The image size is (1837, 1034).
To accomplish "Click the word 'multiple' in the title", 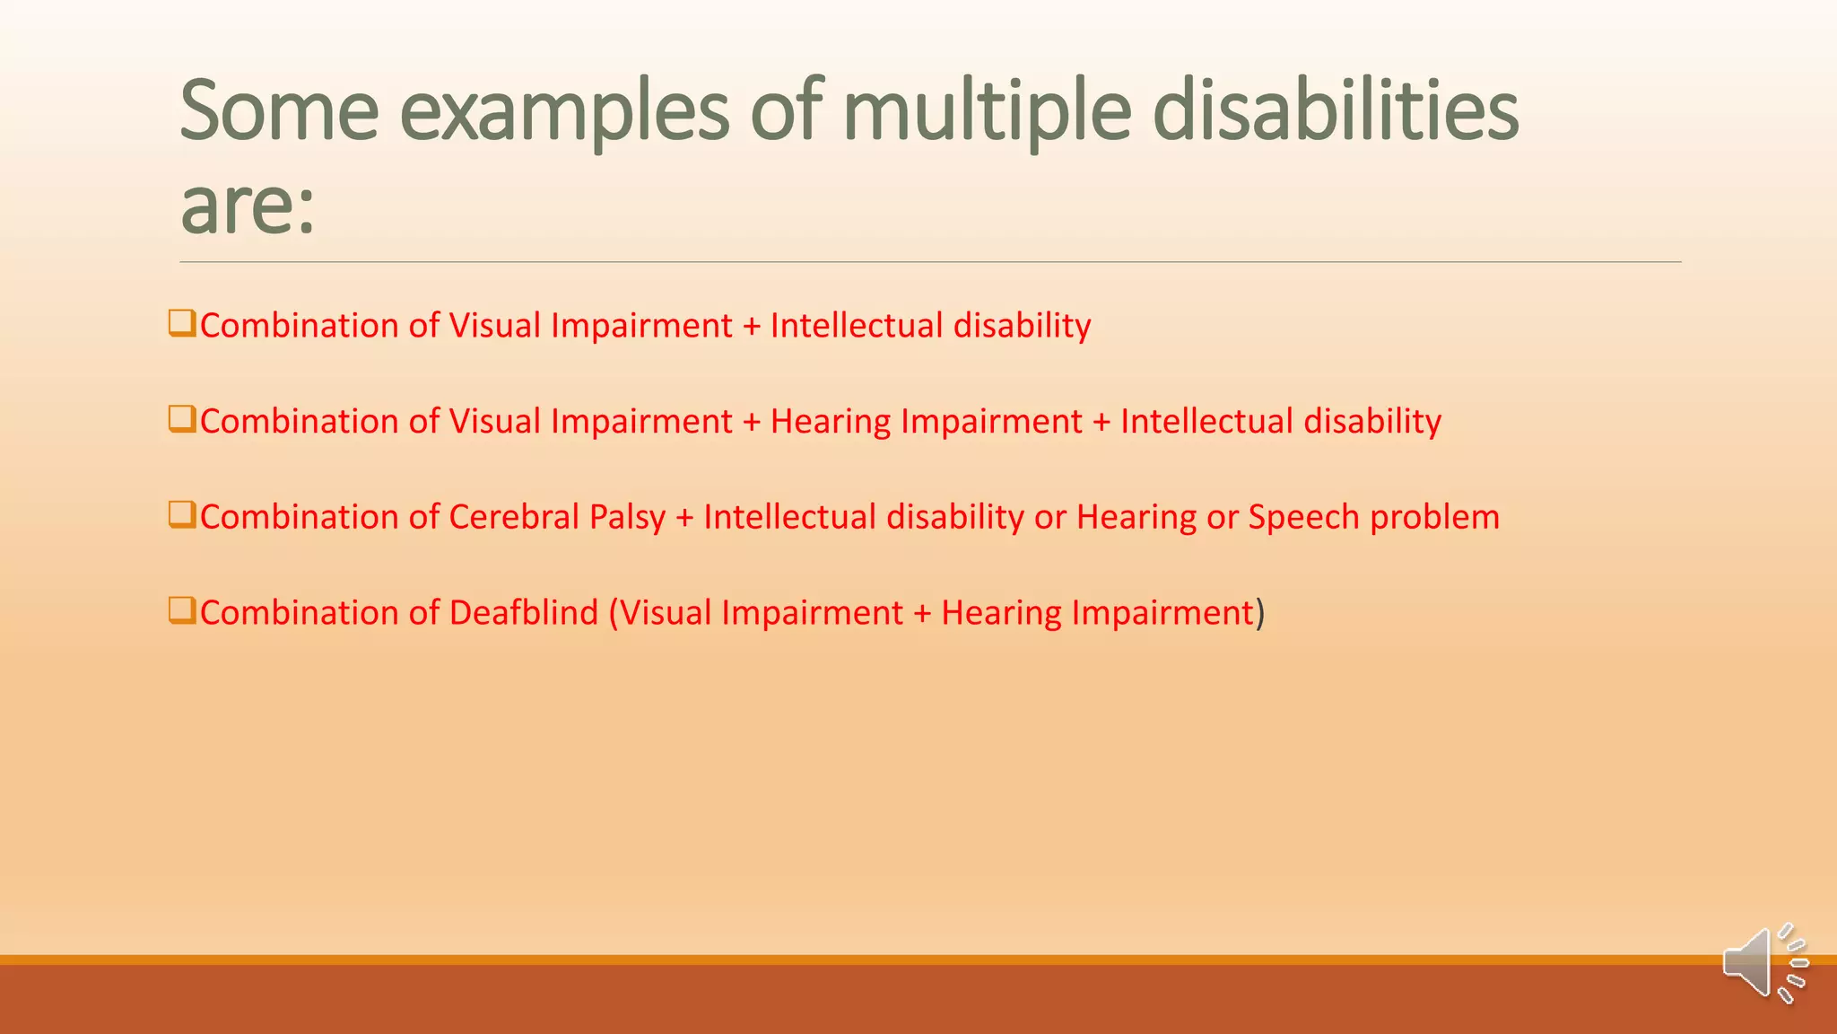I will tap(987, 113).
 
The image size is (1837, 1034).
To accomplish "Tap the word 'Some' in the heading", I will tap(279, 111).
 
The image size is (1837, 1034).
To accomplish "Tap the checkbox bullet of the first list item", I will tap(182, 323).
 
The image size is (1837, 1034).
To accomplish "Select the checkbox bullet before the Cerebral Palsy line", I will tap(182, 515).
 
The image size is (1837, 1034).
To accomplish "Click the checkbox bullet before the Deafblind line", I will tap(182, 610).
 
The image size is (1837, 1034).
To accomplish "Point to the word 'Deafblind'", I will tap(523, 612).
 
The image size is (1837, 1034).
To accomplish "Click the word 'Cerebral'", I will tap(513, 517).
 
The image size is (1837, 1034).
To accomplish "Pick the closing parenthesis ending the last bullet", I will tap(1260, 613).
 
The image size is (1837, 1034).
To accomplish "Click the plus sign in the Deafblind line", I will tap(922, 614).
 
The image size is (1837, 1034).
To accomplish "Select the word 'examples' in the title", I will tap(564, 113).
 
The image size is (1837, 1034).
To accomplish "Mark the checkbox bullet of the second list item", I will tap(182, 419).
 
